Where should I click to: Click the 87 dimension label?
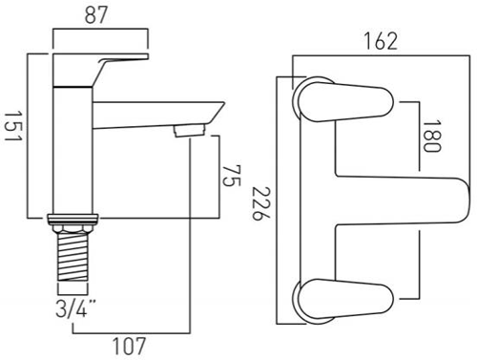click(x=96, y=15)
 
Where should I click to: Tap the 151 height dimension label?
click(x=13, y=126)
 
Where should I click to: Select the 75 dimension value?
click(x=231, y=176)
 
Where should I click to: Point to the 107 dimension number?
click(x=129, y=347)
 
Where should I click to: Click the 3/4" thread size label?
click(x=75, y=308)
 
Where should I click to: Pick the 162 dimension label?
click(x=381, y=41)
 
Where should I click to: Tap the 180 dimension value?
click(x=432, y=136)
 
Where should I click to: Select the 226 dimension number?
click(x=261, y=203)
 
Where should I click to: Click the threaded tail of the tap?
click(x=73, y=257)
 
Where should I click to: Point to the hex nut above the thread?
click(x=73, y=228)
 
